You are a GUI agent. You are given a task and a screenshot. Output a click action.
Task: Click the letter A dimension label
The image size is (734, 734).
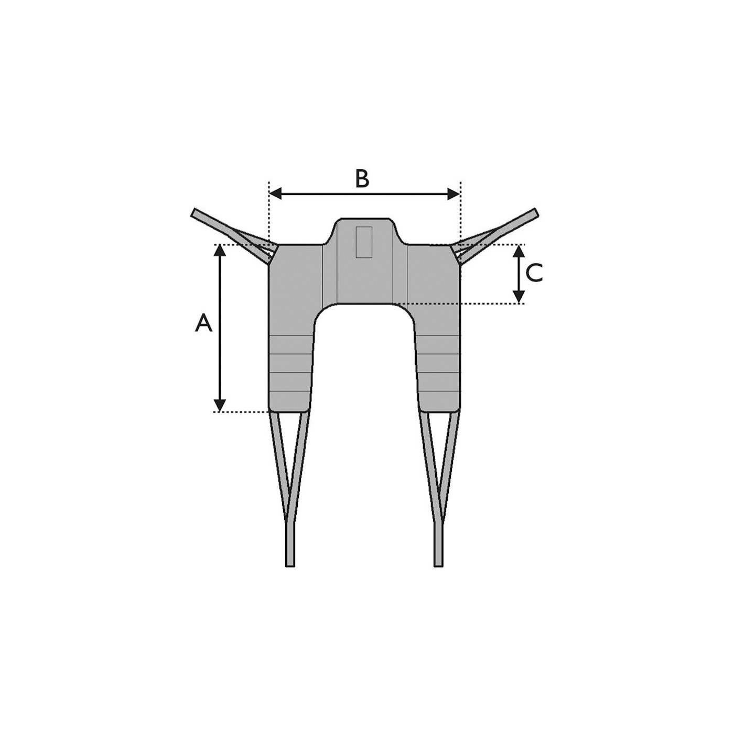coord(203,323)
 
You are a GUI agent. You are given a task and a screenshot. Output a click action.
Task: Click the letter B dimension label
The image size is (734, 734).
coord(362,179)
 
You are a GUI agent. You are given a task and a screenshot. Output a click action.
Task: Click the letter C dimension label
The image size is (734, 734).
coord(534,273)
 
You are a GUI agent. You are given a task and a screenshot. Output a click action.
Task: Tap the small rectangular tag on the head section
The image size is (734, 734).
coord(364,242)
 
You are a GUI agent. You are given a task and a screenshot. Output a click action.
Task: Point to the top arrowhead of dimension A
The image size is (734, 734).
coord(220,250)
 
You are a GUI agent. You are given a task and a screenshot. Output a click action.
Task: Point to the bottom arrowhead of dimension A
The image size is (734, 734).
coord(220,405)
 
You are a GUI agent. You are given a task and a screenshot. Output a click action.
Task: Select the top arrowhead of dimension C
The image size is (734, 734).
coord(519,251)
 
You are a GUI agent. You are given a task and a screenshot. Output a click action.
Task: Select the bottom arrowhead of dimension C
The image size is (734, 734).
coord(519,297)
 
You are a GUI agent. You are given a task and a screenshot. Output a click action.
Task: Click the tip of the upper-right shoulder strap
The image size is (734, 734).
coord(534,212)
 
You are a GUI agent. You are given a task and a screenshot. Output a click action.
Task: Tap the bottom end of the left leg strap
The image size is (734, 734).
coord(290,563)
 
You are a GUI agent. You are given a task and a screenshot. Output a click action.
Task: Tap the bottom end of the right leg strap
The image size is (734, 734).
coord(438,563)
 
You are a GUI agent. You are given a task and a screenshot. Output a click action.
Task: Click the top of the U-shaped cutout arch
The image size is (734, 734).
coord(364,305)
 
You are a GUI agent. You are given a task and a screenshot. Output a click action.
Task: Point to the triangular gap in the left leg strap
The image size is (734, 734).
coord(290,451)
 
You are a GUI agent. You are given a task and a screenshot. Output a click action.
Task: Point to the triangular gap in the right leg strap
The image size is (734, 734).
coord(439,451)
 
